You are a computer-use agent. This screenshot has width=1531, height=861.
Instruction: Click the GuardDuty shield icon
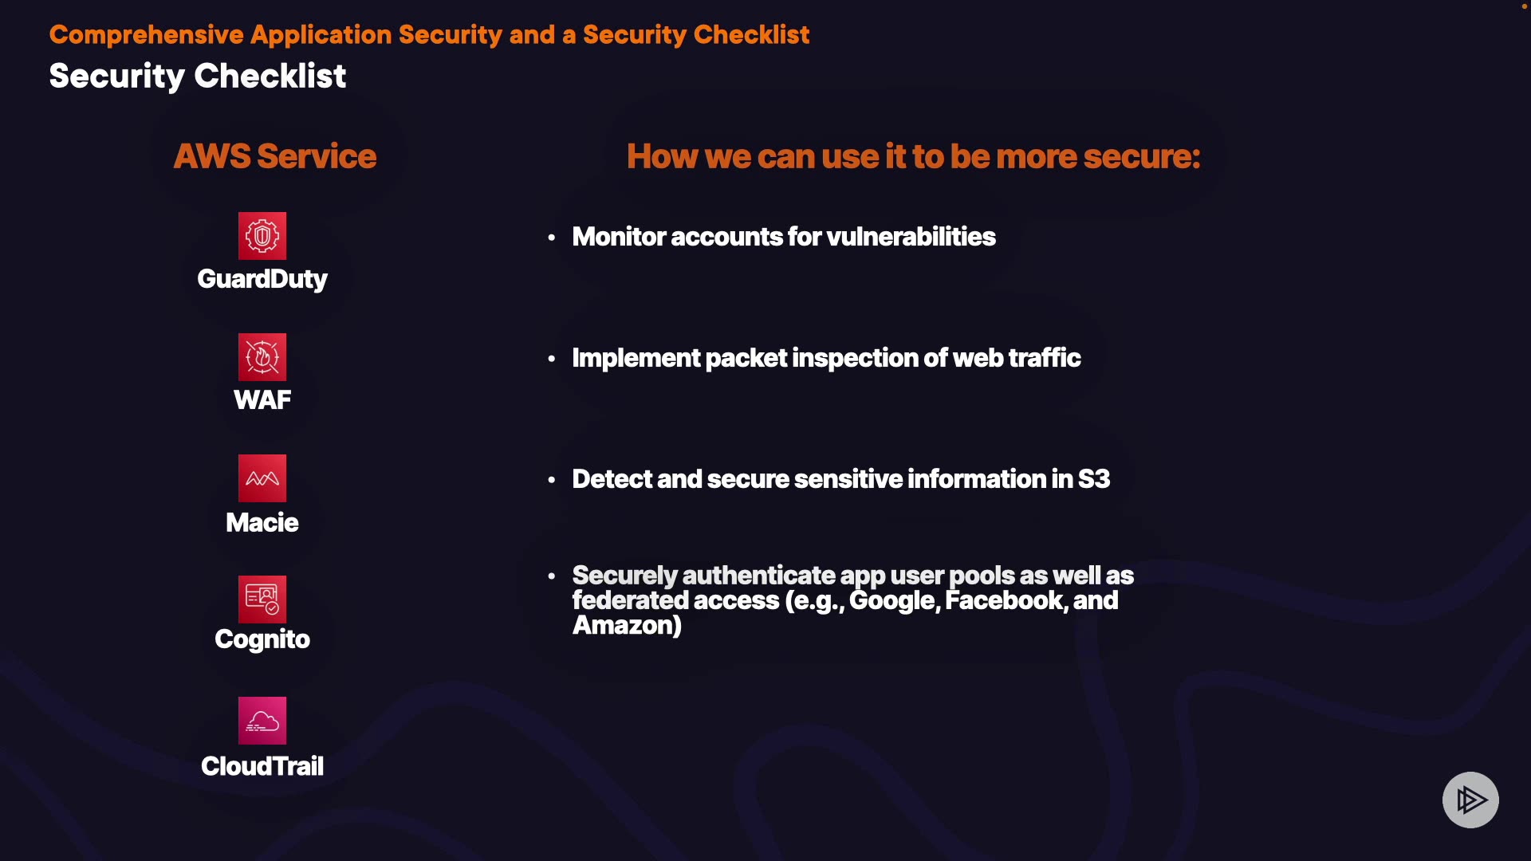click(262, 236)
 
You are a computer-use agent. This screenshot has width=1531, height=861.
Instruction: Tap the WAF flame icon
click(262, 357)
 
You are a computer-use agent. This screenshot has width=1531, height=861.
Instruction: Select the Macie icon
click(262, 478)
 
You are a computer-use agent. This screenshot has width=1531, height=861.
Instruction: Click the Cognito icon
click(262, 600)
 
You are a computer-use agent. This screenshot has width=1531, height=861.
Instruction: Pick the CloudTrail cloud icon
click(262, 721)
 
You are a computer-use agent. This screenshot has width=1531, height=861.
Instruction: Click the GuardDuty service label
click(262, 279)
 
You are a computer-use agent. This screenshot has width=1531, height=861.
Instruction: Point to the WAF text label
click(262, 399)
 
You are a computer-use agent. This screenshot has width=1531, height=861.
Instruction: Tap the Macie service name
click(262, 522)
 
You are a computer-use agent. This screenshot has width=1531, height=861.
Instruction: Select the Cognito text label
click(262, 639)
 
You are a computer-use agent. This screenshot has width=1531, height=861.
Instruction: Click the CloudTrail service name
click(262, 766)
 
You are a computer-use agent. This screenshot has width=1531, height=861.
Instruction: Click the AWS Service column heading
click(275, 156)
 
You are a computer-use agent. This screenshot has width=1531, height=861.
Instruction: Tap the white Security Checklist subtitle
click(198, 77)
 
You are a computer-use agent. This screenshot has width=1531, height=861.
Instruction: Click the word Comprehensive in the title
click(147, 35)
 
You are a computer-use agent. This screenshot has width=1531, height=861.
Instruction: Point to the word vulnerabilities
click(911, 237)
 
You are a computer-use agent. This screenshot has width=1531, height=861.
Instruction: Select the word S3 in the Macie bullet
click(1094, 479)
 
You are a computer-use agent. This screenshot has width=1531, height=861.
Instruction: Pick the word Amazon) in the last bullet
click(628, 625)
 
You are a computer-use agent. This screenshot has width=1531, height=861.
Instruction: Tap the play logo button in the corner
click(1471, 800)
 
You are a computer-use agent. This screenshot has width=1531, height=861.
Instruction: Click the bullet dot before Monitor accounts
click(551, 238)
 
